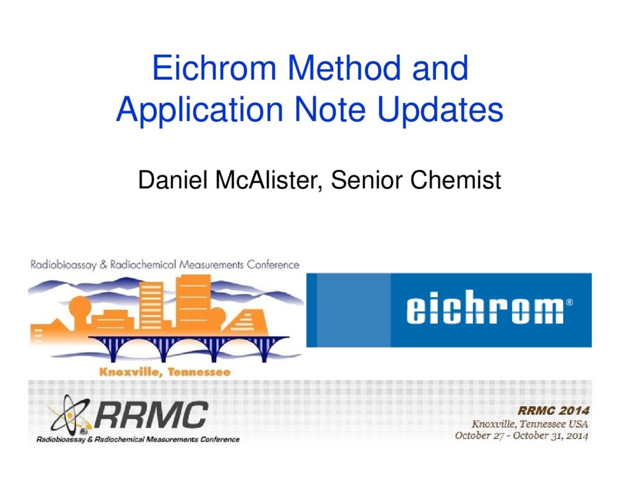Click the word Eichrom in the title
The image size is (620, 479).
[214, 68]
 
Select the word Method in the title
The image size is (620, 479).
[344, 68]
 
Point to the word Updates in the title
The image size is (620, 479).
[440, 109]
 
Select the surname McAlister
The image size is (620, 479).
[267, 180]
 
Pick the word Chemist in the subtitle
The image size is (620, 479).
[455, 180]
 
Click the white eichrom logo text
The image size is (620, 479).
[484, 307]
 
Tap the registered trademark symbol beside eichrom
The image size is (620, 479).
[569, 302]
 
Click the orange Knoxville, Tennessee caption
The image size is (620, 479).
[165, 372]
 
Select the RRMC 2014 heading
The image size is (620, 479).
[553, 411]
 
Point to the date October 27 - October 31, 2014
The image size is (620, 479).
[521, 435]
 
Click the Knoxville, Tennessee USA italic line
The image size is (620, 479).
[530, 424]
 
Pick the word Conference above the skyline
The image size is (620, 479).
[273, 264]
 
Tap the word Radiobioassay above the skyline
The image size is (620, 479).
[63, 265]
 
